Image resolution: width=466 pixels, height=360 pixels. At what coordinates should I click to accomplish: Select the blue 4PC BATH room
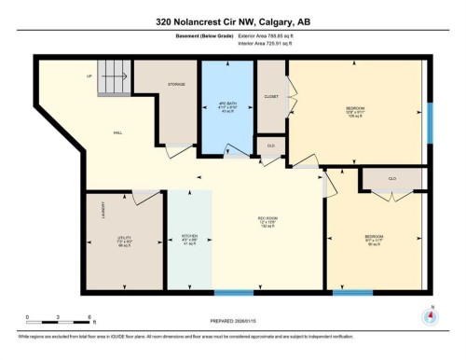click(227, 107)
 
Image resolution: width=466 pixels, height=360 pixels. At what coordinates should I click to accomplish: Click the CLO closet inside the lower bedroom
click(392, 177)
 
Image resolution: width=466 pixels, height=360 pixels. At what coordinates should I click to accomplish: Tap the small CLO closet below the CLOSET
click(270, 147)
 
